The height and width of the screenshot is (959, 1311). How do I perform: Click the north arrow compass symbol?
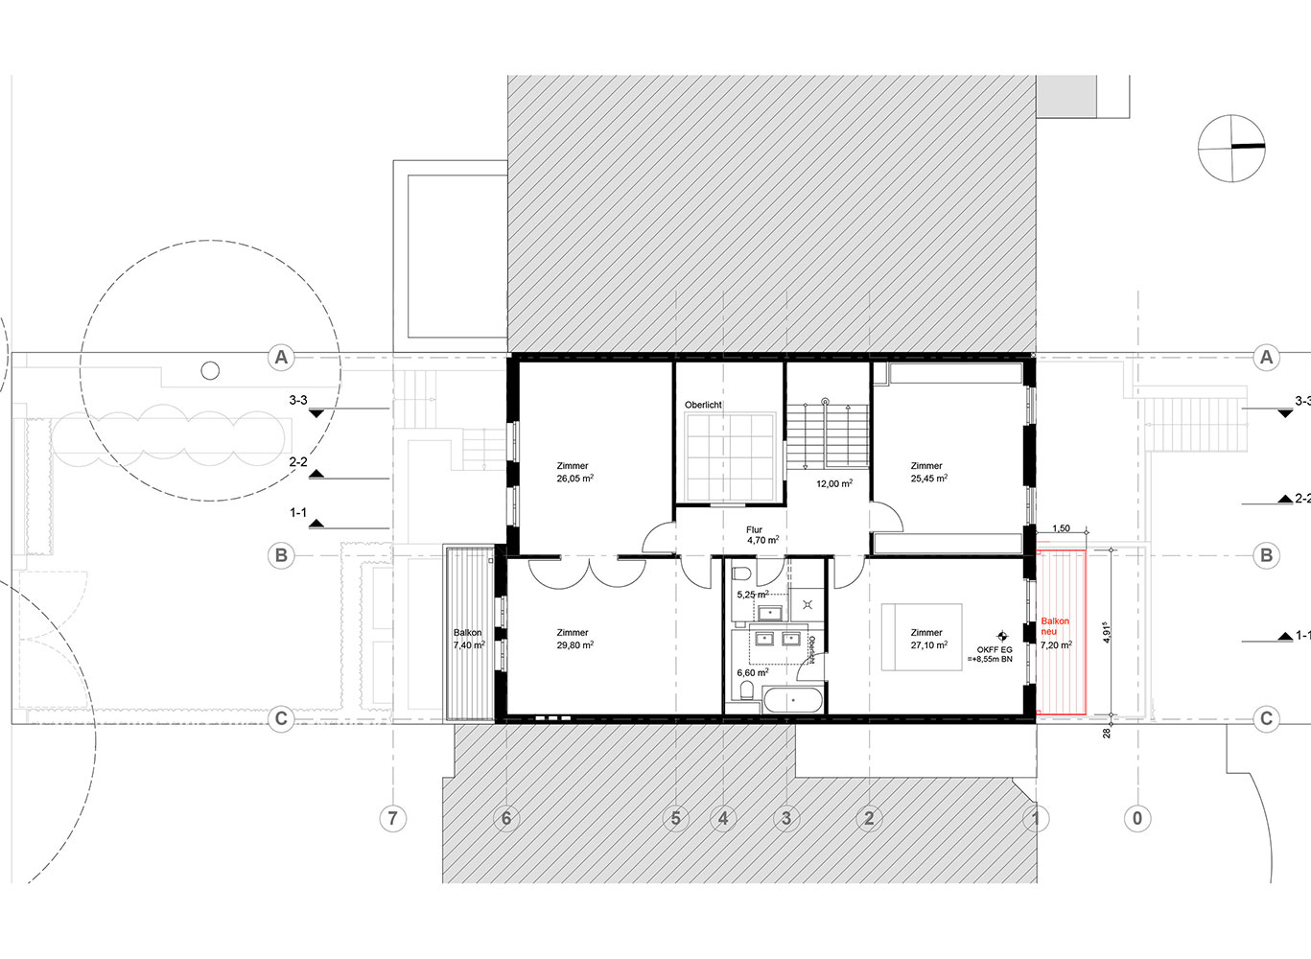[x=1231, y=148]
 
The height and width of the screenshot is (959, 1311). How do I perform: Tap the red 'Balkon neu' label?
[x=1055, y=627]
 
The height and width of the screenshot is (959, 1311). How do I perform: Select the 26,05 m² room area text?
[x=574, y=478]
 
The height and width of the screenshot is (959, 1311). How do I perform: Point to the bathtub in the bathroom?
[x=792, y=700]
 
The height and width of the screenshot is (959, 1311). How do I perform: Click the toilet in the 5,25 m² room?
[x=740, y=575]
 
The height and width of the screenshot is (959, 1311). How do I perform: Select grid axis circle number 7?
[x=391, y=818]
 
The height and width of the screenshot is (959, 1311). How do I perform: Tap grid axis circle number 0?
[x=1137, y=818]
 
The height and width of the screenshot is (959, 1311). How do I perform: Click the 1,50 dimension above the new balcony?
[x=1061, y=528]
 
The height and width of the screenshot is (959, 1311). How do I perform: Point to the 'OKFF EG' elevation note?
[x=994, y=654]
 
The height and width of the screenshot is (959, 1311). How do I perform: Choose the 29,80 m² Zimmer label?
[x=574, y=639]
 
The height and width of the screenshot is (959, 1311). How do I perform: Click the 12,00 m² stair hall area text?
[x=833, y=484]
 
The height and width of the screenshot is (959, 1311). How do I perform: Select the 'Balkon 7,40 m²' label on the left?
[x=469, y=640]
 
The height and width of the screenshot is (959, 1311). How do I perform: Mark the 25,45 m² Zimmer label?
[x=927, y=472]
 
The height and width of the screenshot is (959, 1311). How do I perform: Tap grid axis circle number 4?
[x=723, y=818]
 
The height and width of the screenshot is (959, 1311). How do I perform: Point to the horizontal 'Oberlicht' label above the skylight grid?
[x=703, y=406]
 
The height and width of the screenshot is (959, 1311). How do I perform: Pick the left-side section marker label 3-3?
[x=298, y=401]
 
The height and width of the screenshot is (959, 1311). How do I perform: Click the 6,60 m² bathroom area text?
[x=752, y=673]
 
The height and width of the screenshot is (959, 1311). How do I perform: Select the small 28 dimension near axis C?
[x=1106, y=734]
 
